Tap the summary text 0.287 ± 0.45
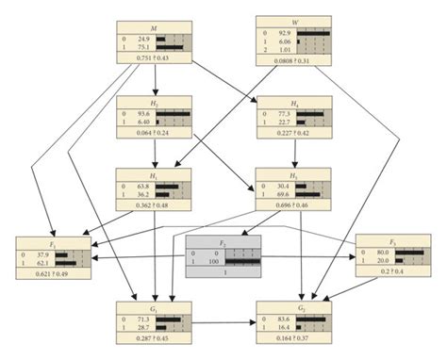point(154,337)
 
